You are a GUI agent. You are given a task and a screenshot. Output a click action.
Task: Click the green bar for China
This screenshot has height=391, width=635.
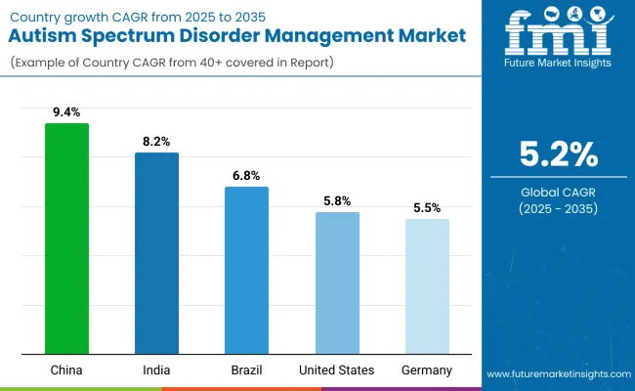click(x=66, y=239)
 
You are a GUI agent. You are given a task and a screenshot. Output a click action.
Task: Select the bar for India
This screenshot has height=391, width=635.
click(x=156, y=253)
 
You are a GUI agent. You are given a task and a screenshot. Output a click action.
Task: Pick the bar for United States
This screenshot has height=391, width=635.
click(x=337, y=282)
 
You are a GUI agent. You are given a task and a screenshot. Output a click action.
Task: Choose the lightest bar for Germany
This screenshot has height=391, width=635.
click(x=427, y=286)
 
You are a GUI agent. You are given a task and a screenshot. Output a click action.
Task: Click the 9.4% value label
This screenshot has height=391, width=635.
click(x=66, y=111)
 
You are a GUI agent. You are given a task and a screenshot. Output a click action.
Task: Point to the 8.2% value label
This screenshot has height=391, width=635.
click(x=156, y=141)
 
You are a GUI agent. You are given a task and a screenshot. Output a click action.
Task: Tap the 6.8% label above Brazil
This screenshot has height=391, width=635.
click(x=246, y=175)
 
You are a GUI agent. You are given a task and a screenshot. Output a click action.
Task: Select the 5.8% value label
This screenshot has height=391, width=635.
click(x=337, y=200)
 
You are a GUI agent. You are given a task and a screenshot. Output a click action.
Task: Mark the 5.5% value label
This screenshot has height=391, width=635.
click(x=427, y=207)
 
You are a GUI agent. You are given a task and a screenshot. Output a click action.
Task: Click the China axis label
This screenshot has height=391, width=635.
click(x=66, y=370)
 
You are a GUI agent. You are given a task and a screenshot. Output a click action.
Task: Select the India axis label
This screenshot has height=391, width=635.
click(x=156, y=370)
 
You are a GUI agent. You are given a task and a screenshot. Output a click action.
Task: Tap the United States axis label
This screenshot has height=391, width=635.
click(x=337, y=370)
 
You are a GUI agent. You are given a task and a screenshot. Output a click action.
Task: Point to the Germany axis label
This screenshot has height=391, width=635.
click(x=427, y=370)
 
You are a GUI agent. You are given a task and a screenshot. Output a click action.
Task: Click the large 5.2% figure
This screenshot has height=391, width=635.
click(x=558, y=155)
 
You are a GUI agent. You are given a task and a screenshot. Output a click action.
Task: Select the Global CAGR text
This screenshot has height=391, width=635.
click(x=558, y=192)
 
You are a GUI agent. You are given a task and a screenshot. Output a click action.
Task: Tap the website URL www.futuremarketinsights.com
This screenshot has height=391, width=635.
click(x=557, y=374)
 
